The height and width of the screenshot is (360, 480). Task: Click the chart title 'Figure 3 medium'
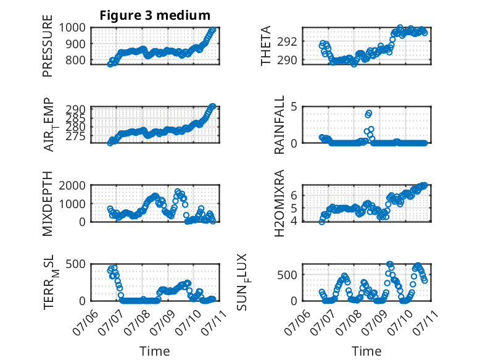pyautogui.click(x=155, y=15)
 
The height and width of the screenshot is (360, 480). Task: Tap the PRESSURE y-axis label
pyautogui.click(x=48, y=46)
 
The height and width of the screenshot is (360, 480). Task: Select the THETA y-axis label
pyautogui.click(x=266, y=46)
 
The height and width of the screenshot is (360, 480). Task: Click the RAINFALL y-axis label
pyautogui.click(x=279, y=125)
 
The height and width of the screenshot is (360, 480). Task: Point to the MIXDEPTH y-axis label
pyautogui.click(x=48, y=204)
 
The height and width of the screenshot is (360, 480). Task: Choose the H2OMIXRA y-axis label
pyautogui.click(x=279, y=203)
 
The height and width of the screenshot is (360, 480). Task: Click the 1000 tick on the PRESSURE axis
pyautogui.click(x=72, y=28)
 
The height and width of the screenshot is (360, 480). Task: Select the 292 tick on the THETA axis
pyautogui.click(x=288, y=41)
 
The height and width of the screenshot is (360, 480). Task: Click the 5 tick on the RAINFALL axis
pyautogui.click(x=294, y=107)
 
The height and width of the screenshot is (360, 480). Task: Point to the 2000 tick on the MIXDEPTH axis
pyautogui.click(x=72, y=185)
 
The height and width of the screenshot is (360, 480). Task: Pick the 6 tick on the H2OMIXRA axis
pyautogui.click(x=294, y=195)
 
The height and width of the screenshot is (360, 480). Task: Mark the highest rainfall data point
pyautogui.click(x=369, y=113)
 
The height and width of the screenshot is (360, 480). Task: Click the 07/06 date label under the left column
pyautogui.click(x=86, y=322)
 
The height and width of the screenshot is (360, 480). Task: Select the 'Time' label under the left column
pyautogui.click(x=155, y=351)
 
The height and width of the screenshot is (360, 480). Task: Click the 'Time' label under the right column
pyautogui.click(x=366, y=351)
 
